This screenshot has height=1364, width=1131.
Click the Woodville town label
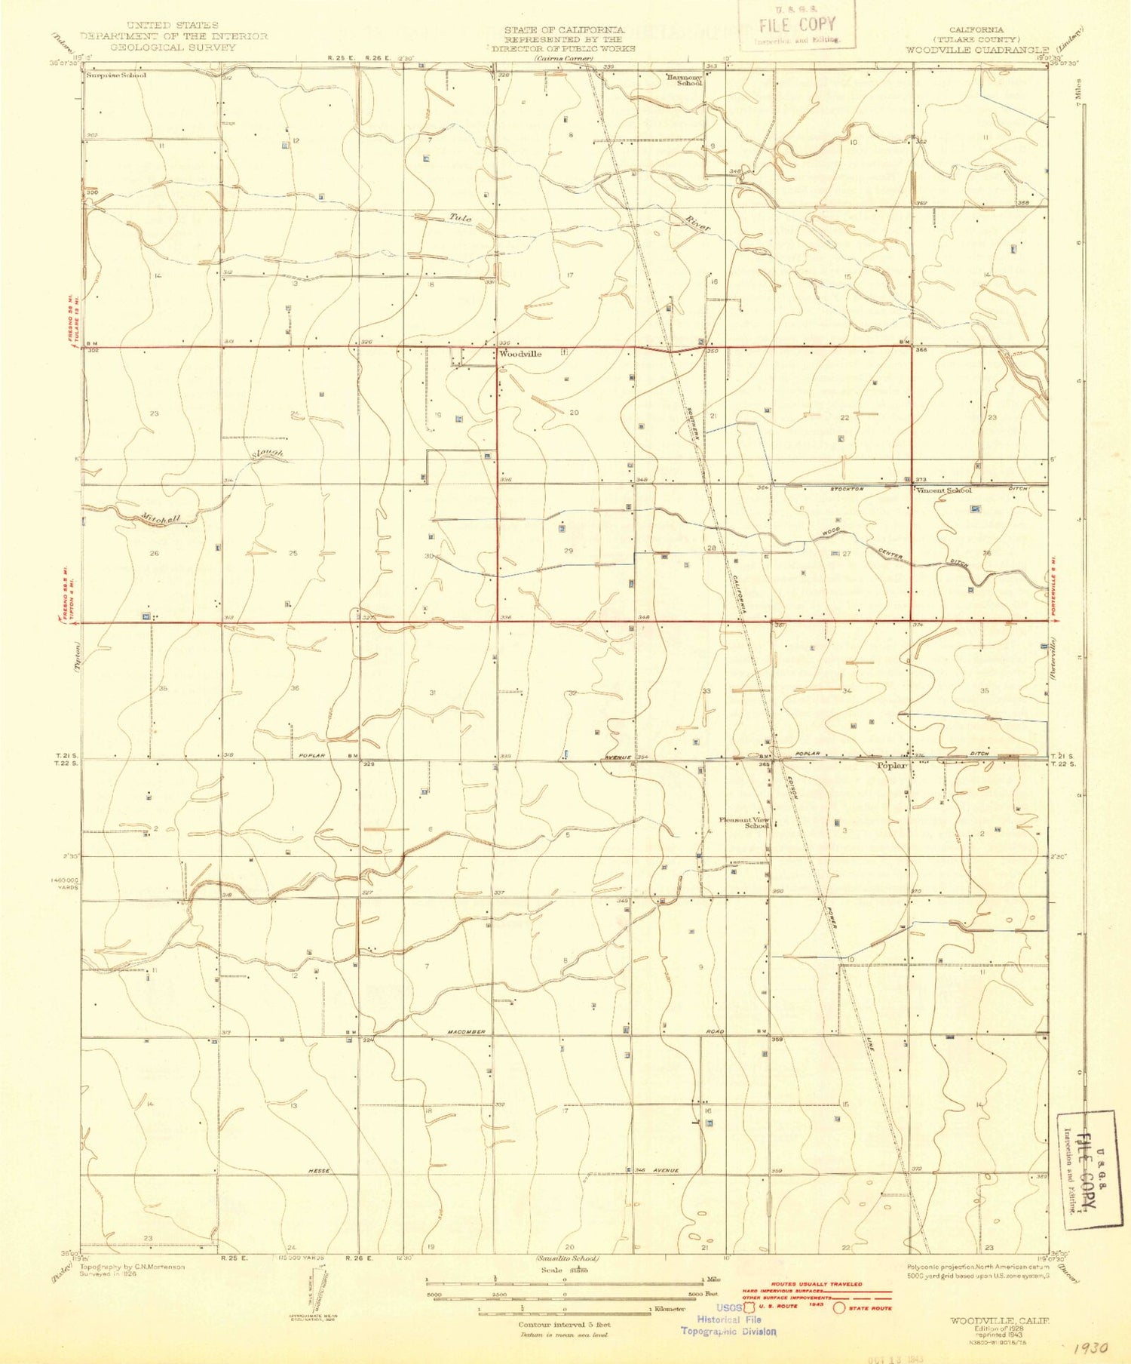(x=520, y=354)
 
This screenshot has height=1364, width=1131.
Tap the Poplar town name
(x=892, y=765)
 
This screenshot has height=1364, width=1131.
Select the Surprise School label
(x=116, y=75)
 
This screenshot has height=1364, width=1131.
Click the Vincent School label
(x=943, y=490)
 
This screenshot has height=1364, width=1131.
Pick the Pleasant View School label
(x=744, y=822)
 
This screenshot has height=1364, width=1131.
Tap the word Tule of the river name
(x=460, y=218)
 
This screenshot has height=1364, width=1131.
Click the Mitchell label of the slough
(x=160, y=520)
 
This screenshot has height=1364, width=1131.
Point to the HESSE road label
(x=320, y=1170)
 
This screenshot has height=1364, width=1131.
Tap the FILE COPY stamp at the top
(x=798, y=26)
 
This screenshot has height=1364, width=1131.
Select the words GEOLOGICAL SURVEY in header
(x=173, y=47)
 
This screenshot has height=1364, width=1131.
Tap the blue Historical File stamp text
(x=728, y=1319)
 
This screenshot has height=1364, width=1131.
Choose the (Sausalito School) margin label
(x=566, y=1259)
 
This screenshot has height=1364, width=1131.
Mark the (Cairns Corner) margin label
(x=563, y=58)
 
